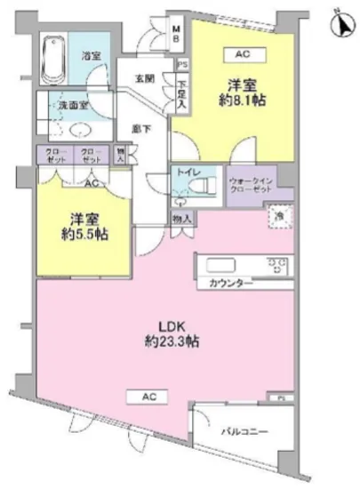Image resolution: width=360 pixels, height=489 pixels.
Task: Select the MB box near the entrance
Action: coord(176,36)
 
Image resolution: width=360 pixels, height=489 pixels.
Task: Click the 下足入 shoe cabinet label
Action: coord(182,91)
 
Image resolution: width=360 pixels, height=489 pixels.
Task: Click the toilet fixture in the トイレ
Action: coord(198,188)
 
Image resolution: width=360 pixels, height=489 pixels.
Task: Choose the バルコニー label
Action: coord(246,431)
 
